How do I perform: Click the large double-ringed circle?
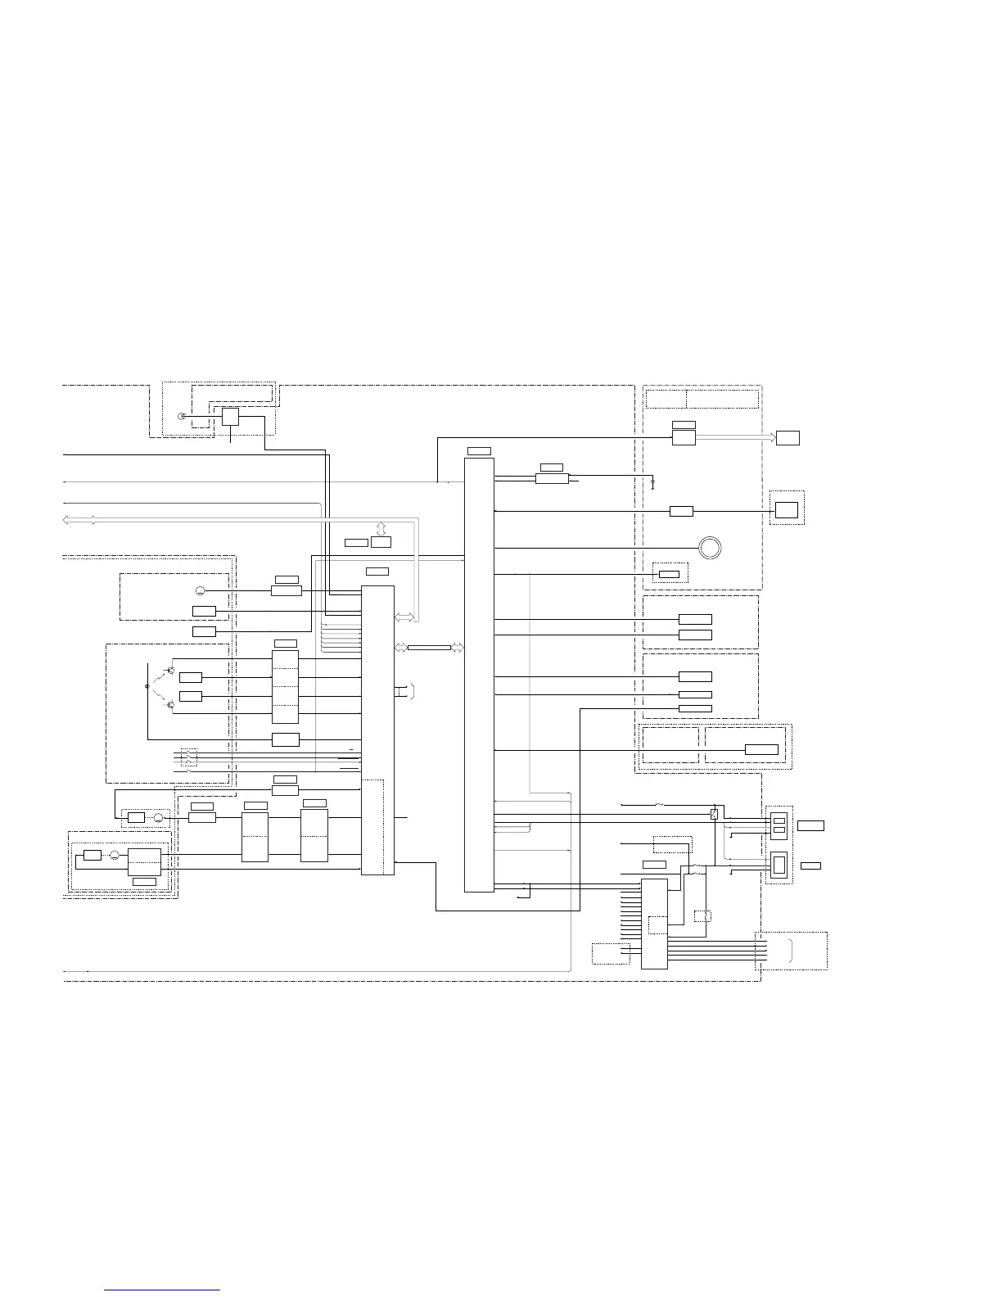tap(710, 547)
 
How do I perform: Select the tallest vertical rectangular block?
tap(479, 674)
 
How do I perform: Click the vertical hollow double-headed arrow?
tap(381, 528)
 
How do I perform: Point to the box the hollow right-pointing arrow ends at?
tap(788, 436)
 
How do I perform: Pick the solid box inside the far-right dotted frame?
tap(787, 509)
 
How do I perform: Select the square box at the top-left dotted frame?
tap(230, 417)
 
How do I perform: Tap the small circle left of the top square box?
tap(182, 418)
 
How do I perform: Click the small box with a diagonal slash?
tap(715, 814)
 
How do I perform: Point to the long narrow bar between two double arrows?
tap(429, 648)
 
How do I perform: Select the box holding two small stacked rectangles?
tap(779, 825)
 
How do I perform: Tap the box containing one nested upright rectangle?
tap(779, 865)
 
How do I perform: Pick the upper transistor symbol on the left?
tap(170, 671)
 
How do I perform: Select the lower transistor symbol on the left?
tap(170, 704)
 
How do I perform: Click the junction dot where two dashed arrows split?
tap(147, 686)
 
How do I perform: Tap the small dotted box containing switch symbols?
tap(188, 758)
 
